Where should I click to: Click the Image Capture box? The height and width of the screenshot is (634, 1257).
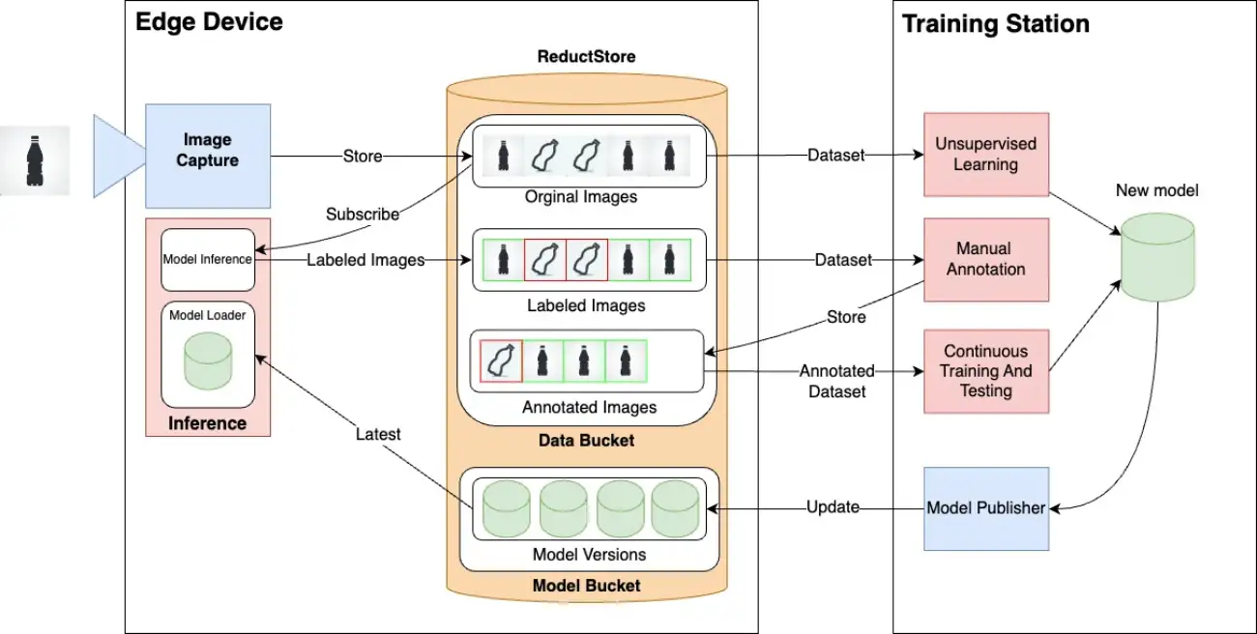click(x=208, y=156)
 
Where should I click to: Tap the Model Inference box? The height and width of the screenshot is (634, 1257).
click(x=208, y=259)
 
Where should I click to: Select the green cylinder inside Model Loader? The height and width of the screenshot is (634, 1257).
click(x=208, y=360)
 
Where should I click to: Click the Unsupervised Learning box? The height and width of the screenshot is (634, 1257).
click(x=985, y=155)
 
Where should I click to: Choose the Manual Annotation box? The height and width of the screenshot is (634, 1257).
click(x=985, y=259)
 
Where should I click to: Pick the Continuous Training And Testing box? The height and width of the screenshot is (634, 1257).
click(x=985, y=371)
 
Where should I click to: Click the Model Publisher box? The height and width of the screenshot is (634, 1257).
click(x=985, y=508)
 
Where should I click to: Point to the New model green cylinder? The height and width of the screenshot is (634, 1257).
click(x=1156, y=256)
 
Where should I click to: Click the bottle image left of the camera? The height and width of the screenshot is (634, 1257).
click(x=35, y=160)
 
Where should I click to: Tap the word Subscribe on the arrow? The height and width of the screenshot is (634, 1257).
click(x=363, y=215)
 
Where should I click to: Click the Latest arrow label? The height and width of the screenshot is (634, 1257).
click(x=378, y=434)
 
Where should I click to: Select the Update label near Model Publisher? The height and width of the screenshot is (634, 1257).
click(x=833, y=506)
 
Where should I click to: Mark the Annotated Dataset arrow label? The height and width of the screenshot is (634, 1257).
click(x=837, y=381)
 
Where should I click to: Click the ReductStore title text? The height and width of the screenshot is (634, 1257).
click(x=586, y=56)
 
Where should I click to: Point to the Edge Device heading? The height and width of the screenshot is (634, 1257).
click(x=209, y=22)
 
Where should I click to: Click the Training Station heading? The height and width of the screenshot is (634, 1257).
click(x=996, y=23)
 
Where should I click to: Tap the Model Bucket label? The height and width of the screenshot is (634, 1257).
click(x=586, y=585)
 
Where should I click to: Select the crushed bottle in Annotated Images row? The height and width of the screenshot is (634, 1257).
click(x=501, y=360)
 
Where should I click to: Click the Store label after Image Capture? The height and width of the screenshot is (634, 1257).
click(x=363, y=156)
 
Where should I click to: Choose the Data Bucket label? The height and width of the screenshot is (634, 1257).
click(x=586, y=440)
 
